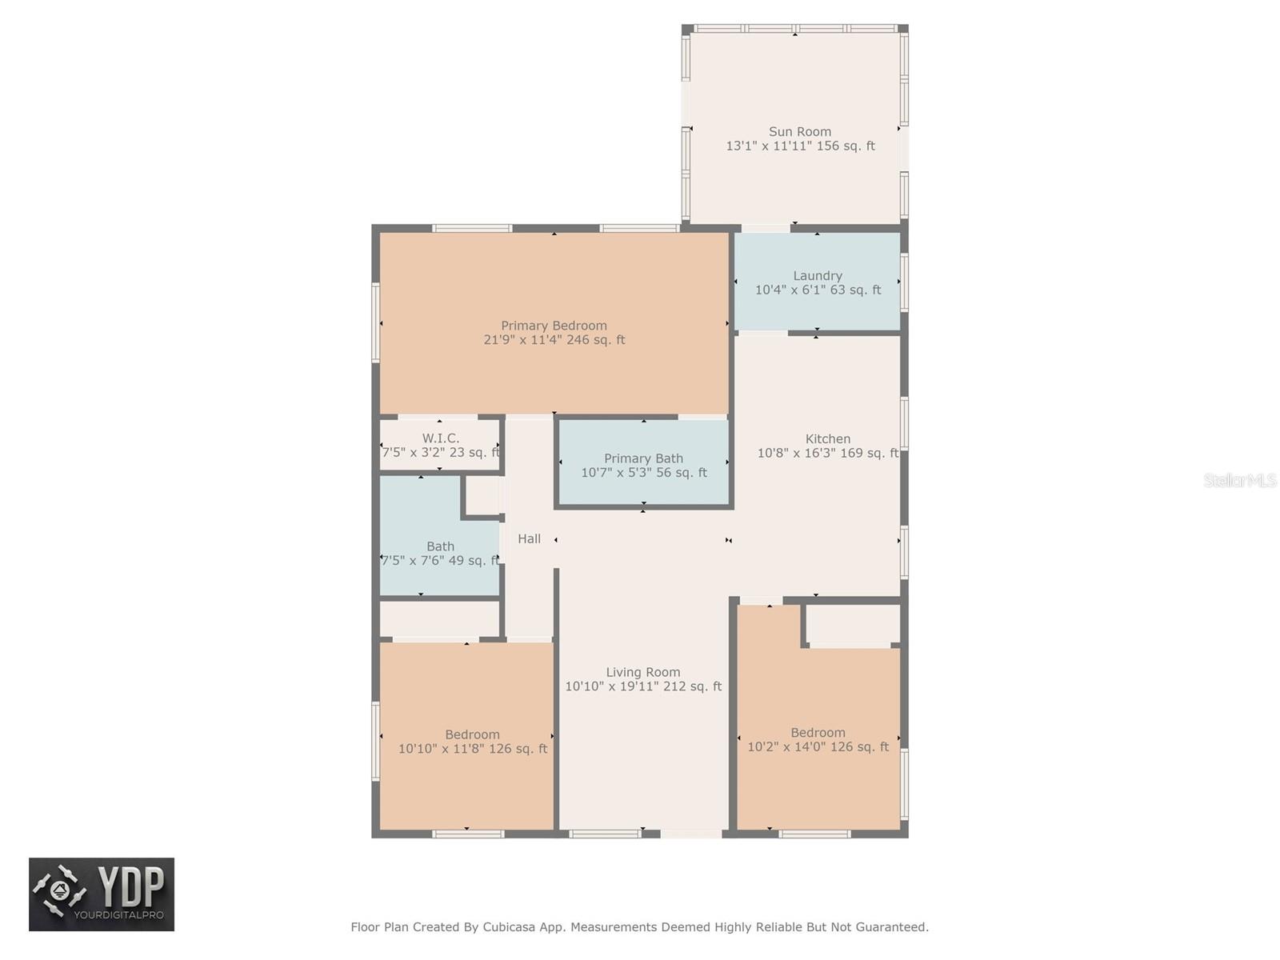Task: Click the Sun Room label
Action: coord(799,132)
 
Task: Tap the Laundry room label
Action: coord(817,276)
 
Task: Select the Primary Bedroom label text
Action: coord(554,326)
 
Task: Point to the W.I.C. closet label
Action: coord(440,438)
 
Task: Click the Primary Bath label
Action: coord(643,458)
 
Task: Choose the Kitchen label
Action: coord(827,439)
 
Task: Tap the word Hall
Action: coord(529,539)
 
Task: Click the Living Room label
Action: coord(642,673)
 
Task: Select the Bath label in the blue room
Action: coord(440,546)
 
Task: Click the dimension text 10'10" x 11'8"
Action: coord(442,750)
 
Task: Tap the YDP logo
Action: coord(102,894)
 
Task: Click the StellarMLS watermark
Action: coord(1240,481)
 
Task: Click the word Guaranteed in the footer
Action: coord(892,927)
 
